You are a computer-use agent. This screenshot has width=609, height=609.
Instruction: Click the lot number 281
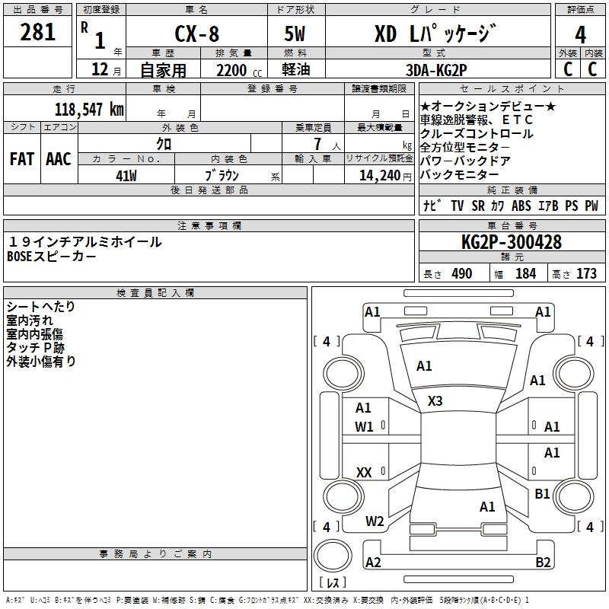[37, 32]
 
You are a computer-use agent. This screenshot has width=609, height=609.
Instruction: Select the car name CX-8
[197, 33]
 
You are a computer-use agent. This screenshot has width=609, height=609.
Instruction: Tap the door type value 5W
[295, 33]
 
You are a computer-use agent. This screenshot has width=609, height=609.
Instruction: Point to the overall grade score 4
[580, 35]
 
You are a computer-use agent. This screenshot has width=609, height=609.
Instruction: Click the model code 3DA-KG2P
[436, 70]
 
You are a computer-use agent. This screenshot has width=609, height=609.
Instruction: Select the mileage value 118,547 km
[89, 109]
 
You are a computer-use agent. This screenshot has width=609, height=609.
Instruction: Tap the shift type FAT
[22, 159]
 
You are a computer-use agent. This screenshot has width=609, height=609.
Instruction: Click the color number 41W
[126, 176]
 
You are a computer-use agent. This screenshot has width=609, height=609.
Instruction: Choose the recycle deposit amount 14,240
[380, 176]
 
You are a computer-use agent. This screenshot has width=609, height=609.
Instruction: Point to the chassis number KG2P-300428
[512, 242]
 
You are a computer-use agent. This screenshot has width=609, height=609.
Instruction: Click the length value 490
[462, 274]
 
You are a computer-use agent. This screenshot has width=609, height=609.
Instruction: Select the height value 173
[586, 274]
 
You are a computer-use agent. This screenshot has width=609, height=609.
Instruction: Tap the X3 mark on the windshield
[435, 401]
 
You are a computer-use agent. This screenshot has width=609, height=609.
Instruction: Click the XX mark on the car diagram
[364, 473]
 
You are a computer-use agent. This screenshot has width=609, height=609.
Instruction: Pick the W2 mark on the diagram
[375, 521]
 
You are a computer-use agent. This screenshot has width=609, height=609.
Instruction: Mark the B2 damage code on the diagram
[543, 563]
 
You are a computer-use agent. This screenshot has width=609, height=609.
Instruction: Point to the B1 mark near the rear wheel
[542, 494]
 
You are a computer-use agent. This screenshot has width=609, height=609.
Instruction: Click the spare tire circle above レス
[333, 556]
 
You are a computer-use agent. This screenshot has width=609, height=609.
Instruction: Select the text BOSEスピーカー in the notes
[51, 257]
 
